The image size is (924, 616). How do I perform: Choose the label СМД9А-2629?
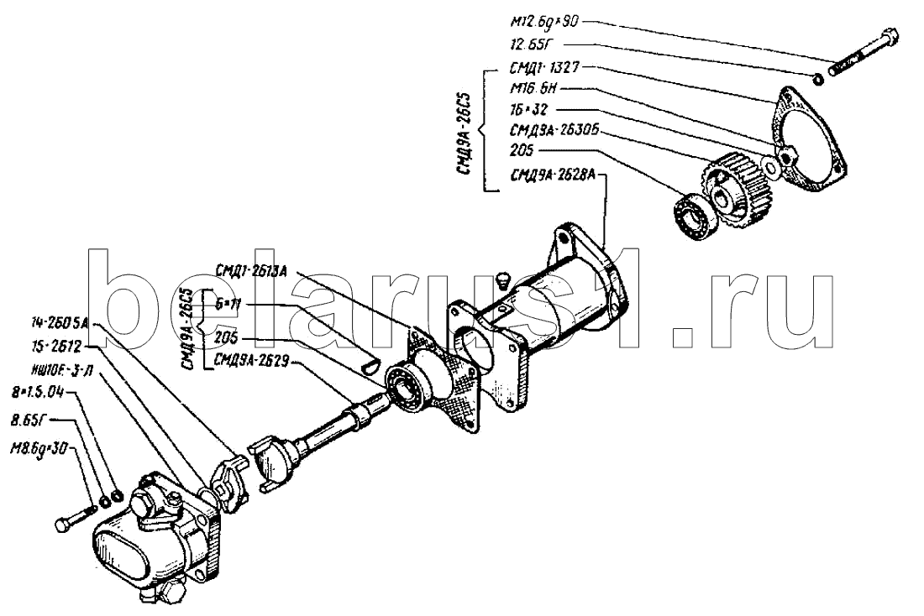click(x=252, y=362)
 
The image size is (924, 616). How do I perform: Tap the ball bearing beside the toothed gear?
click(x=694, y=217)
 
